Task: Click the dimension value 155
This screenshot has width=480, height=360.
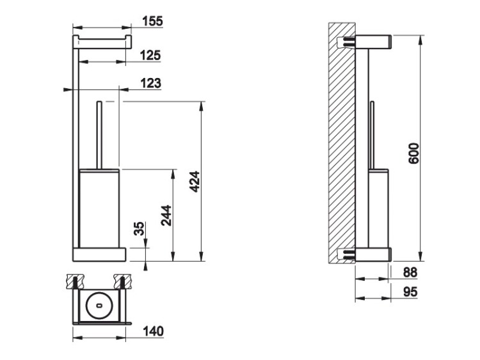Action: [153, 21]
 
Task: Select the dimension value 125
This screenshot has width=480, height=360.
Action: [150, 56]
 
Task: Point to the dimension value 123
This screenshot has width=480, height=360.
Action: [150, 83]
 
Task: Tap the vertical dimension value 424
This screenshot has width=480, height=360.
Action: [195, 182]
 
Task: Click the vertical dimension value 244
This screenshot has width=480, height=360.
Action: [166, 215]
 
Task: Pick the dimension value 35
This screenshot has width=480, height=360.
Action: [140, 228]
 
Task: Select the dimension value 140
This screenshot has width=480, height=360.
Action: [153, 331]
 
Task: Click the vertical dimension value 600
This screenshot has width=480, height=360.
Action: [414, 153]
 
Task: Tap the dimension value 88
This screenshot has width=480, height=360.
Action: [410, 272]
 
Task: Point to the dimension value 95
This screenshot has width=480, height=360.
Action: [410, 292]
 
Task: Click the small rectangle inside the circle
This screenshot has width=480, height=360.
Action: [99, 305]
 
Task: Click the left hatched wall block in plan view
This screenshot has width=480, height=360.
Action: [75, 281]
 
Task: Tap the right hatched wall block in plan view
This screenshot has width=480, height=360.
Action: [122, 281]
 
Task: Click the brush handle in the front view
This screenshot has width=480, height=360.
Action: [99, 135]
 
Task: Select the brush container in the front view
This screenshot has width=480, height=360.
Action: [99, 208]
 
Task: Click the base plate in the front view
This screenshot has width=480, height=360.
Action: [99, 254]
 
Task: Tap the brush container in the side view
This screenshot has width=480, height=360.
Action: [379, 208]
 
